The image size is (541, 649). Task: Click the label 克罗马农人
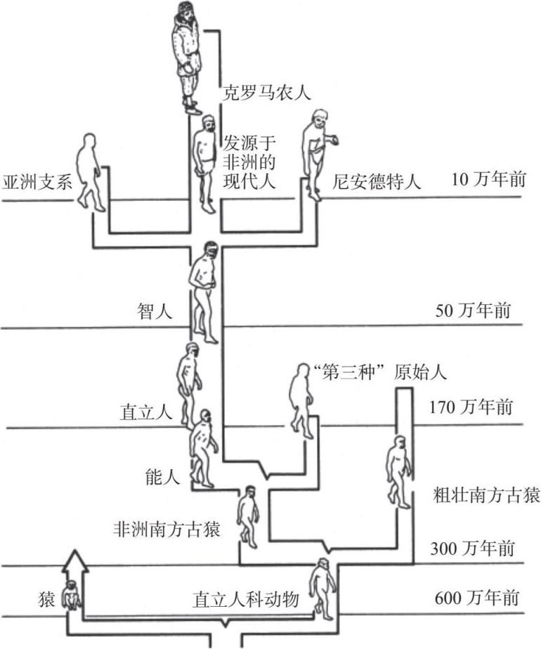[266, 93]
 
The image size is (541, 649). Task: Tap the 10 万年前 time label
[488, 180]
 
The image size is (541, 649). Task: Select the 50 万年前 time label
[473, 310]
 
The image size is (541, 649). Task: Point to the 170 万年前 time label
[471, 407]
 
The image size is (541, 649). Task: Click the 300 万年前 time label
[472, 549]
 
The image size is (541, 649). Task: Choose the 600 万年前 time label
[477, 598]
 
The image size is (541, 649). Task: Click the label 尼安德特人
[377, 182]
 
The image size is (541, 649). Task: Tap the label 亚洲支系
[37, 182]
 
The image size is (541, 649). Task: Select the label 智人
[155, 311]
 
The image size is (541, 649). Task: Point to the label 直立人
[145, 412]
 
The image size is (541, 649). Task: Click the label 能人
[163, 477]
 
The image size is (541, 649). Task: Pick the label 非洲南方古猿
[167, 530]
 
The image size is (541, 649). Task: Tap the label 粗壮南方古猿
[486, 495]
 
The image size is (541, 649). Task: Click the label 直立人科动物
[245, 599]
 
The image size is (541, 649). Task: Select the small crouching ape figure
[72, 595]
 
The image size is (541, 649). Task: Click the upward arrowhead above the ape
[75, 561]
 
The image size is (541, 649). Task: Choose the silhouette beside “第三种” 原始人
[301, 401]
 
